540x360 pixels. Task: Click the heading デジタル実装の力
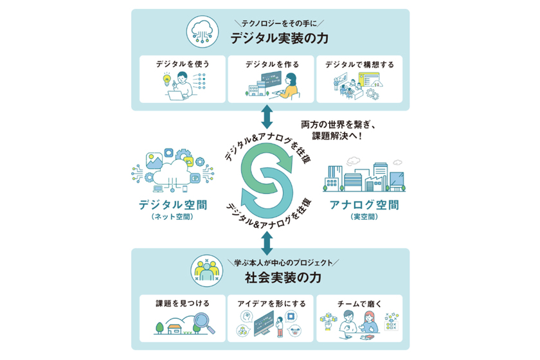click(279, 38)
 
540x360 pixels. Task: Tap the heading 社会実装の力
click(283, 278)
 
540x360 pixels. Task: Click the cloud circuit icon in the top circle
click(203, 32)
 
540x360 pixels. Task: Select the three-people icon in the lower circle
click(206, 271)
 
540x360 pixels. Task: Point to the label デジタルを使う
click(183, 64)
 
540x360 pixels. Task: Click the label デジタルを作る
click(272, 64)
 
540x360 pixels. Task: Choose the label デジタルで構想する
click(359, 64)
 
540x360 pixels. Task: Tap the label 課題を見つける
click(183, 303)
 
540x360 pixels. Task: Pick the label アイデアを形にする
click(272, 303)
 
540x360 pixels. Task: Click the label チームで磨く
click(359, 304)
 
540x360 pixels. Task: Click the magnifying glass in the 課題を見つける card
click(204, 323)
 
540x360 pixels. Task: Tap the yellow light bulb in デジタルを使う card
click(166, 80)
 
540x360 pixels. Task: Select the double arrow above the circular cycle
click(267, 117)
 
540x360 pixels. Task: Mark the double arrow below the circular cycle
click(267, 243)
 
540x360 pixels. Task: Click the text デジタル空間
click(173, 205)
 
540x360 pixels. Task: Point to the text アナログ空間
click(364, 205)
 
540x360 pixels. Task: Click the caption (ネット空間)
click(172, 217)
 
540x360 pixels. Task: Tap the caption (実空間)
click(364, 217)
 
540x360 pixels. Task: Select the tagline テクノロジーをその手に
click(279, 23)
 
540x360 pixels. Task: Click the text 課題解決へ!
click(337, 136)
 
